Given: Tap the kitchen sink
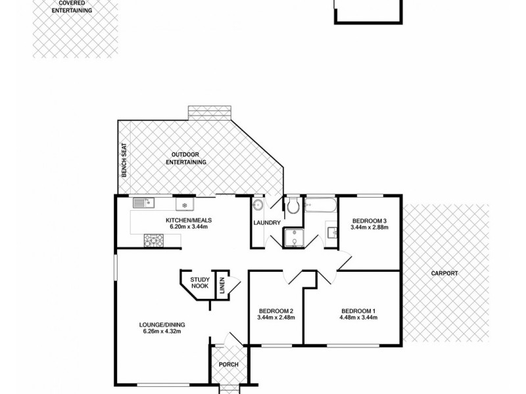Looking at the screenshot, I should pos(142,202).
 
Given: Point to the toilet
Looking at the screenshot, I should pos(293,207).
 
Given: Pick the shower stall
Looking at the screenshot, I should pos(294,237).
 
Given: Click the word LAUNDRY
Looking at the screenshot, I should pos(268,223).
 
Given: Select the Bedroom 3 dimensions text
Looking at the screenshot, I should pos(370,227).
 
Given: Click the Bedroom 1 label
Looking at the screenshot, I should pos(358,311).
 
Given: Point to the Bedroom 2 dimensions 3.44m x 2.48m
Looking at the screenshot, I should pos(275,318).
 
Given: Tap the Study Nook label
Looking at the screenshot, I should pos(200,283).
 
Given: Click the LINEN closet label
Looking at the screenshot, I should pos(222,286).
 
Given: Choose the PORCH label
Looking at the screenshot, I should pos(228,364).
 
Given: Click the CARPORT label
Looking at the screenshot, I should pos(445,273).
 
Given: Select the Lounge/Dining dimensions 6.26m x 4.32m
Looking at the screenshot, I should pos(160,331).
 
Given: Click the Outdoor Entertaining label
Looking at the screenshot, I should pos(186,158).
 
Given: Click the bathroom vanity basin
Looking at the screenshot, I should pos(331,231).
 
